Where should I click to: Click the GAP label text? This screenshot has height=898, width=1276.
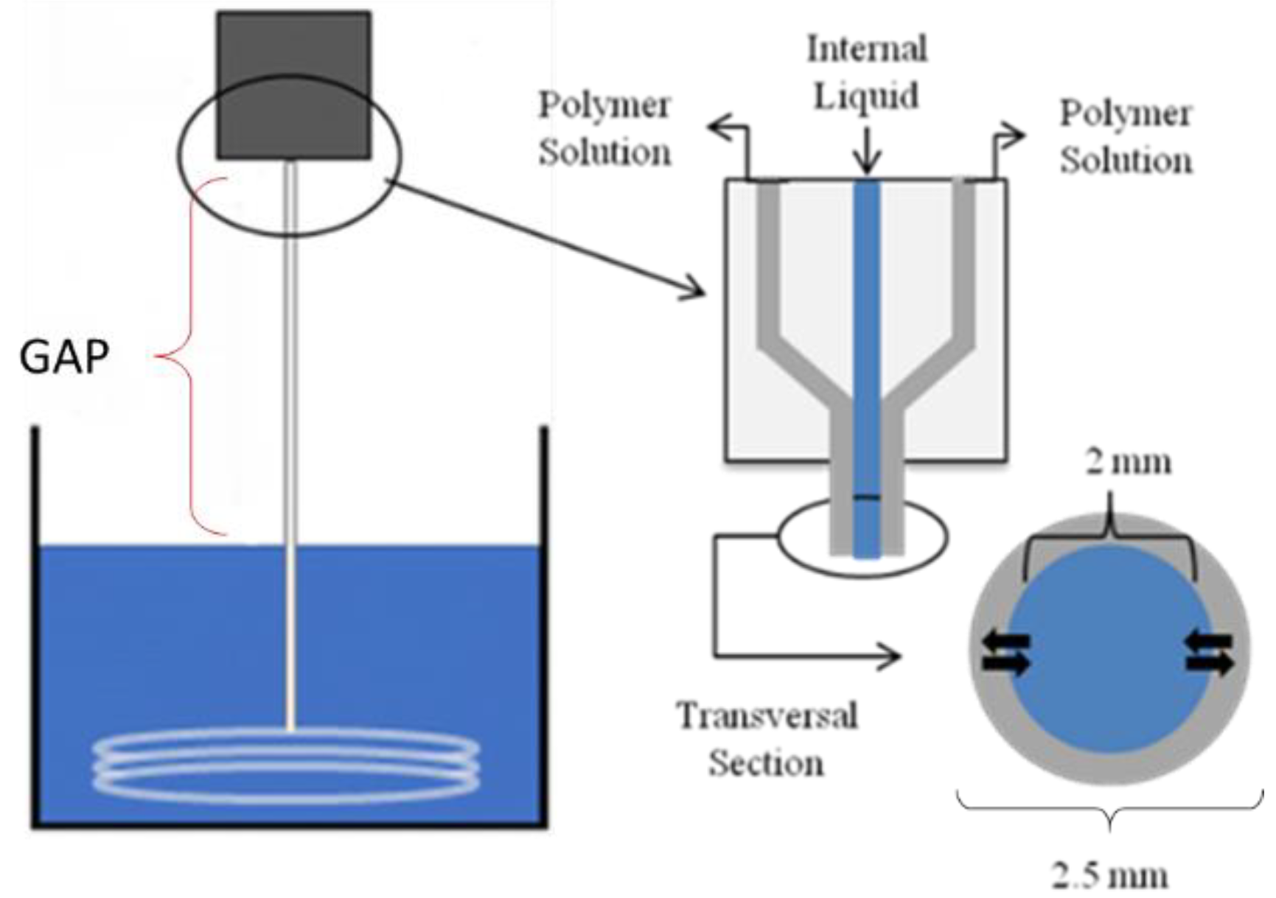(64, 357)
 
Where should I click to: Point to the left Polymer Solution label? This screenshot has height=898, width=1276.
(604, 129)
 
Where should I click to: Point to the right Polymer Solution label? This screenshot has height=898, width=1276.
(1125, 137)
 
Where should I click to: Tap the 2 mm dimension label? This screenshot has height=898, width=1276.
(1128, 463)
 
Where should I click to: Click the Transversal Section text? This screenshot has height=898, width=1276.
(767, 739)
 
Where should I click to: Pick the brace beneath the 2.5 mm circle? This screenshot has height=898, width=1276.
(1109, 810)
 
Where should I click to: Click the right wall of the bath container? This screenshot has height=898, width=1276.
(544, 626)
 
